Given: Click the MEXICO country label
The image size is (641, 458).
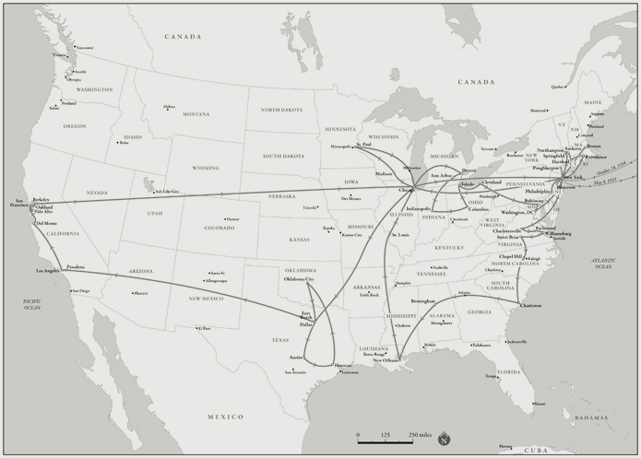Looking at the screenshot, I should click(x=225, y=417).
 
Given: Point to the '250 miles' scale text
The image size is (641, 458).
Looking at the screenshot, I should click(x=421, y=434).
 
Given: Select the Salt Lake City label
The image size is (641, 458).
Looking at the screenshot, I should click(x=167, y=192).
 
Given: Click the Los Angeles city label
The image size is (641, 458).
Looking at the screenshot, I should click(x=47, y=270).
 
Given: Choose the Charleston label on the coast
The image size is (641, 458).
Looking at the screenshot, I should click(x=529, y=305).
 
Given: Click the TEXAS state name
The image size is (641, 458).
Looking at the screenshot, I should click(x=281, y=340).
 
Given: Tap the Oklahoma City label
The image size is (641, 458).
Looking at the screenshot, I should click(x=298, y=278).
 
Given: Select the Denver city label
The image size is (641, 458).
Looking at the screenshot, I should click(x=232, y=219).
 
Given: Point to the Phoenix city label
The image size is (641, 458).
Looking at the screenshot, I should click(x=140, y=294).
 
